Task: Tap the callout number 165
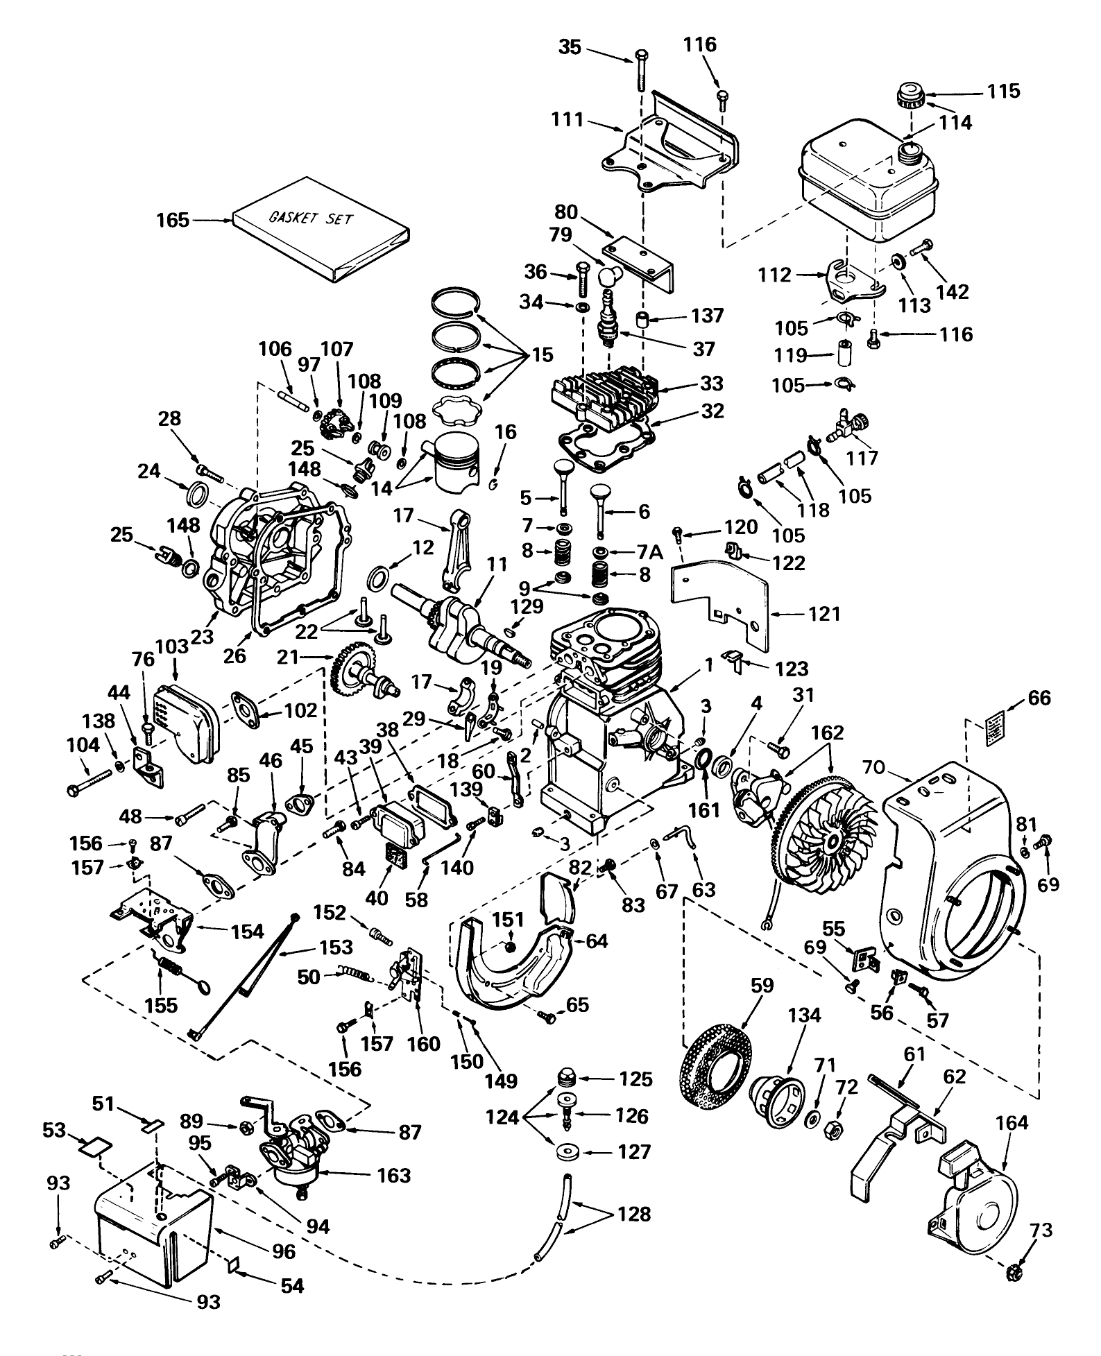(172, 220)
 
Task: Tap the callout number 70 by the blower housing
(873, 768)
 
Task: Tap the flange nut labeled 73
(1013, 1273)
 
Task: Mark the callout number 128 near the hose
(634, 1214)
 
